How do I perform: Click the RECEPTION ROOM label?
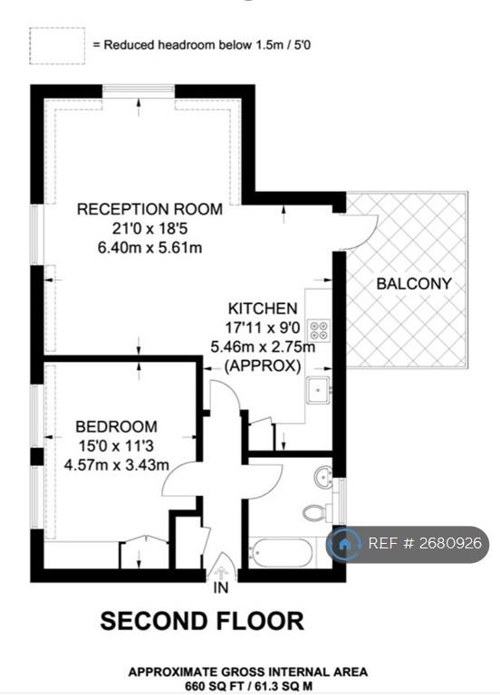coord(150,209)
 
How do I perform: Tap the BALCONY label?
coord(414,283)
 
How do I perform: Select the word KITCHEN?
coord(262,308)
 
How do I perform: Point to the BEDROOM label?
coord(116,426)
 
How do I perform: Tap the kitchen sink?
coord(319,390)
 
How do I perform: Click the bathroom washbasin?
coord(324,478)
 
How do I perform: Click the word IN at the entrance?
coord(220,587)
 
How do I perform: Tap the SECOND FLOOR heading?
coord(202,621)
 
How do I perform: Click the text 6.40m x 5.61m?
coord(150,247)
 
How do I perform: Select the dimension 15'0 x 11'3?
coord(116,445)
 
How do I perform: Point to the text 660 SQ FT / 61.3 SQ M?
coord(248,687)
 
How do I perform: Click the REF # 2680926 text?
coord(425,543)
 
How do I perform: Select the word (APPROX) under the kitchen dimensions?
coord(263,367)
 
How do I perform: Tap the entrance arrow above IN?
coord(221,567)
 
